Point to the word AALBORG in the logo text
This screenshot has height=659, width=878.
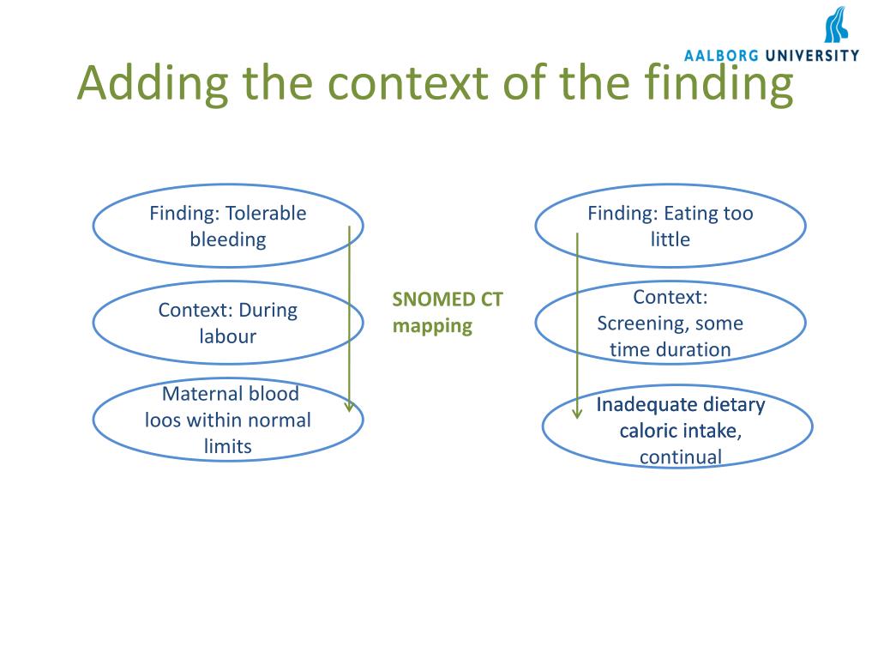[721, 56]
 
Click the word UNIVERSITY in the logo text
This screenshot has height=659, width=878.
[812, 56]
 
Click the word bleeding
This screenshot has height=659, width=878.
[228, 239]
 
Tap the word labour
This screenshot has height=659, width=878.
[228, 336]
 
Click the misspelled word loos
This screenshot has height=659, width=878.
[163, 420]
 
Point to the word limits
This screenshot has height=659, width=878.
[228, 446]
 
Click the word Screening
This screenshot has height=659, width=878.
[642, 323]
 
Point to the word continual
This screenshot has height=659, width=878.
[681, 456]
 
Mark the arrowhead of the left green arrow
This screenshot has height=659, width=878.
[349, 407]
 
